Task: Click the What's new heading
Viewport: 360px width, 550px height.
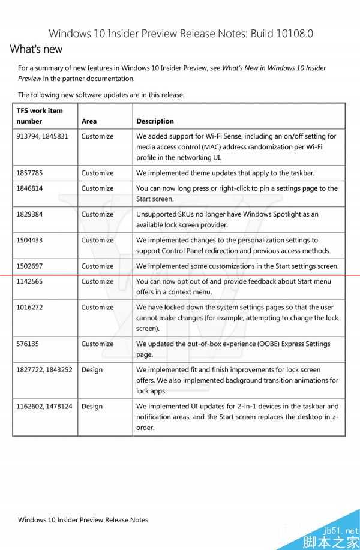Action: [36, 49]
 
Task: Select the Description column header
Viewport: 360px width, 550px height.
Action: [155, 121]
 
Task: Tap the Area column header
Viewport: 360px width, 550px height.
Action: [89, 121]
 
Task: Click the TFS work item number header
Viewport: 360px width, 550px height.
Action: [40, 116]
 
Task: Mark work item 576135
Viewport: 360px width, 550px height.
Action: [28, 344]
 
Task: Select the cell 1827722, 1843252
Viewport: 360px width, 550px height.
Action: [44, 370]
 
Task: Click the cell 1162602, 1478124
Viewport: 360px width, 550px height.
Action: [44, 407]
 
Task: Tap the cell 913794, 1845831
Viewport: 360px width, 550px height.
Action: [42, 136]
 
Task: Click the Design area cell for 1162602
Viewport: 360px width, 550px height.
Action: [92, 407]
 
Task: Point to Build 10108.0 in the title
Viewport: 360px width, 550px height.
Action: [283, 34]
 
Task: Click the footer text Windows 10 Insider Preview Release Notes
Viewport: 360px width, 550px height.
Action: [83, 520]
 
